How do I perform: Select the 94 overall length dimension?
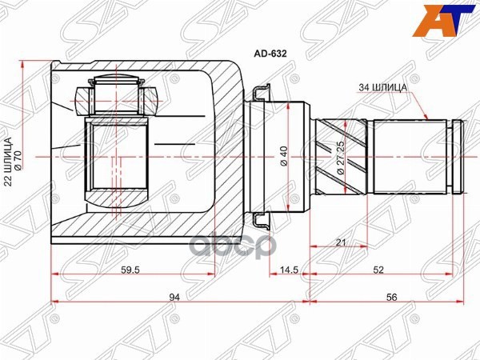coord(174,297)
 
